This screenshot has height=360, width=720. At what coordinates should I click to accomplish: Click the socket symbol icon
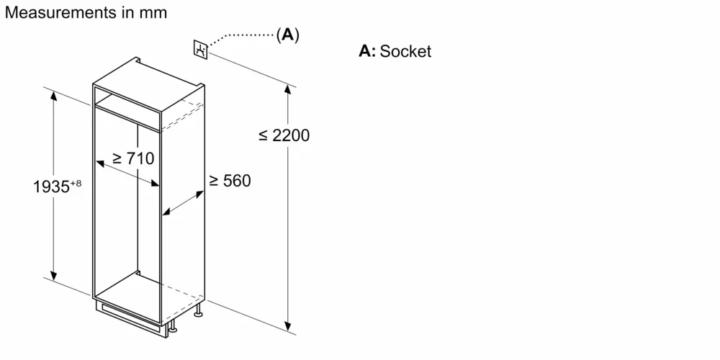tap(201, 50)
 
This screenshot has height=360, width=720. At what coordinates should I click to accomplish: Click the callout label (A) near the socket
tap(287, 34)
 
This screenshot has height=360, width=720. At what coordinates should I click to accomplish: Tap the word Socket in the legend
tap(406, 51)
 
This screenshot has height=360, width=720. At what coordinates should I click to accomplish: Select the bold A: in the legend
tap(367, 51)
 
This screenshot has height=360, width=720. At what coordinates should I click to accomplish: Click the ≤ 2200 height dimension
tap(284, 135)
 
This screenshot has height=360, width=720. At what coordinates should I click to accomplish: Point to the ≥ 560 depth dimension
tap(230, 181)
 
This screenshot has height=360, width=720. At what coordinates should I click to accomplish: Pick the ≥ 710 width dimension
tap(133, 158)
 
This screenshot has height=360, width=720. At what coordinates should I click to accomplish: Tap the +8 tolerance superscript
tap(76, 184)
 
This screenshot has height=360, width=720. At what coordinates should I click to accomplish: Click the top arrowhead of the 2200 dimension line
tap(288, 89)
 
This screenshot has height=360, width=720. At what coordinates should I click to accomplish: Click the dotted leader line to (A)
tap(245, 35)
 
